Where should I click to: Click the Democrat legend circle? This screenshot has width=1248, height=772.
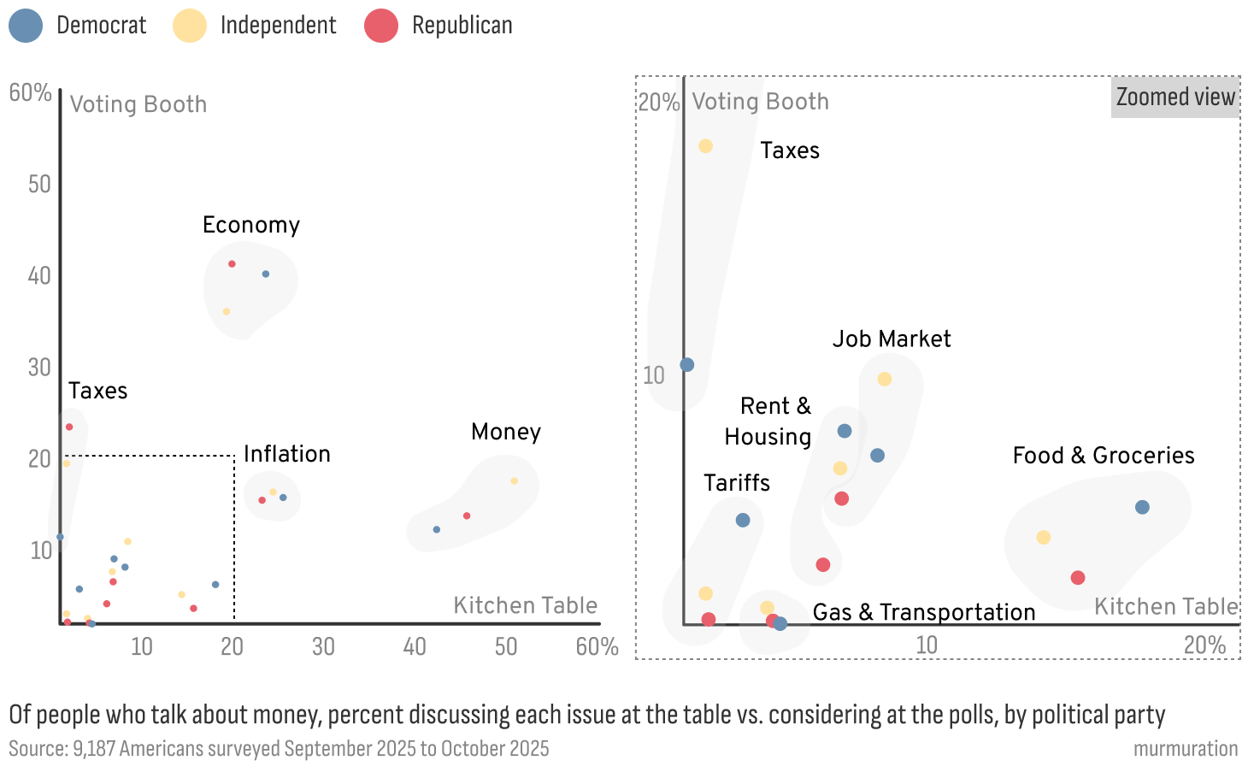(x=26, y=26)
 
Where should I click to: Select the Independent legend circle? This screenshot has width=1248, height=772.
(x=190, y=26)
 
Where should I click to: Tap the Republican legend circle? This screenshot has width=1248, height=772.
(x=381, y=26)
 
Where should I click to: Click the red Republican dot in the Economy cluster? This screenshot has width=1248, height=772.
(x=232, y=264)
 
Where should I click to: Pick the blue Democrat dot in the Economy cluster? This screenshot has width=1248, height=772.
(x=266, y=274)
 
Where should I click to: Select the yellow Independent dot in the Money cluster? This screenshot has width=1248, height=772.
(x=515, y=481)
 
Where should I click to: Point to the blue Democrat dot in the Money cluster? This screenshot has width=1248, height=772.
(x=437, y=530)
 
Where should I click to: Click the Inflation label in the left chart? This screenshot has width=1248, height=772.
(x=287, y=454)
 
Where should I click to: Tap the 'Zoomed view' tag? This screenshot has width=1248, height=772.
(x=1175, y=97)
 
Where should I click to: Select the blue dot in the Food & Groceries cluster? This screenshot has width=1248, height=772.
(x=1142, y=508)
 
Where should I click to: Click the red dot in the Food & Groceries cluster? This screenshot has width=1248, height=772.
(x=1078, y=578)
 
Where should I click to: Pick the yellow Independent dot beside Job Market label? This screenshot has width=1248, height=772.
(x=885, y=380)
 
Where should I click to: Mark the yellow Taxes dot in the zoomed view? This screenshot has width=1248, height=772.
(x=706, y=146)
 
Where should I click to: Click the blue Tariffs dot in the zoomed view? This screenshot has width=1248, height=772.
(x=743, y=521)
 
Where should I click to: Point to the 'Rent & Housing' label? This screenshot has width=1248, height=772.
(x=768, y=421)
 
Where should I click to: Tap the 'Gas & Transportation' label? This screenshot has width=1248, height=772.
(x=924, y=612)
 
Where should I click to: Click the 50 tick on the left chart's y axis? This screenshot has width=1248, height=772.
(x=39, y=185)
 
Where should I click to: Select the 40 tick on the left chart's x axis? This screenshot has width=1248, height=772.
(x=415, y=646)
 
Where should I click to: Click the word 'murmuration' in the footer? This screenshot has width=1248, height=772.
(x=1186, y=749)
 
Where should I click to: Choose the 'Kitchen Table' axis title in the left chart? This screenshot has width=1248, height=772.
(x=526, y=605)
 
